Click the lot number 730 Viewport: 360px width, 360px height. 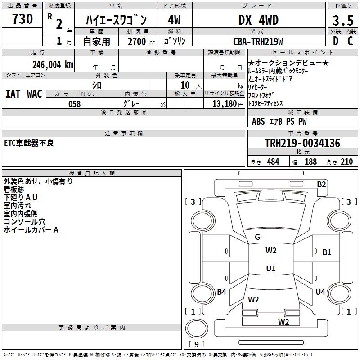tap(22, 19)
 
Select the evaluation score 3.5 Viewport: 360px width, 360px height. tap(343, 21)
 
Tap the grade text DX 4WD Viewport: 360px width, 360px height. tap(258, 20)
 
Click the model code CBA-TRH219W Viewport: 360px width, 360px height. tap(258, 41)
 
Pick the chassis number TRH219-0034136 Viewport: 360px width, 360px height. tap(302, 143)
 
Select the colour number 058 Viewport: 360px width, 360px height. tap(74, 104)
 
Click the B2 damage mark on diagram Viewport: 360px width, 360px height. tap(321, 184)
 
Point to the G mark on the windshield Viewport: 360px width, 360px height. tap(257, 237)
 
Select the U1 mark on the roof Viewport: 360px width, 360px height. tap(270, 269)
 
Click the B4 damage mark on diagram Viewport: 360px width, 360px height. tap(221, 292)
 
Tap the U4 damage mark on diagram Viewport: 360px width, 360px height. tap(320, 292)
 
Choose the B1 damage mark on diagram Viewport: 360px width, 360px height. tap(327, 252)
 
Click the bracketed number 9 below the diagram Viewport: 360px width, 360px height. tap(196, 345)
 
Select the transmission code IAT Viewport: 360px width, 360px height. tap(13, 94)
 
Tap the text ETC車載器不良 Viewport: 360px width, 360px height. tap(29, 143)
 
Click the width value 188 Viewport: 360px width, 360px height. tap(310, 162)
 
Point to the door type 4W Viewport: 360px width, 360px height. tap(174, 20)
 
